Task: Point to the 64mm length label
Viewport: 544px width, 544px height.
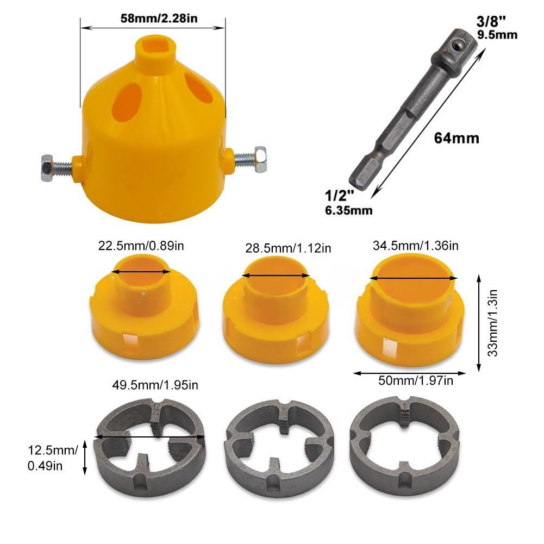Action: pos(457,139)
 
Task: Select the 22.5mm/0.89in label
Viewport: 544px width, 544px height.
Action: pos(141,246)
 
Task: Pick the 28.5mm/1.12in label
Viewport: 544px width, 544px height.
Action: pos(288,248)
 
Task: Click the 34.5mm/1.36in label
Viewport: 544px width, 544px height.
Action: pos(416,246)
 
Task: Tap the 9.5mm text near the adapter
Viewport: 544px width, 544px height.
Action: pos(497,36)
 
